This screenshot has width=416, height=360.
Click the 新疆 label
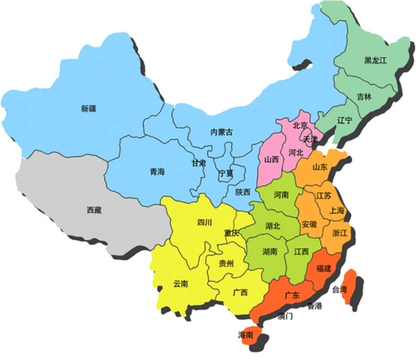[89, 108]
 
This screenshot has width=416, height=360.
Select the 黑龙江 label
[377, 61]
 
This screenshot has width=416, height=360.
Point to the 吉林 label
[364, 96]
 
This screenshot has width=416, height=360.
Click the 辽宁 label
[344, 121]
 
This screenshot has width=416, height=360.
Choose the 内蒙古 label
[221, 132]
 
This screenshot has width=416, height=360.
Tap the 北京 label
[300, 126]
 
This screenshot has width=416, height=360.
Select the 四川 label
[205, 222]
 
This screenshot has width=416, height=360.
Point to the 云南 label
[181, 284]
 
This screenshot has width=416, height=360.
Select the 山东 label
[319, 167]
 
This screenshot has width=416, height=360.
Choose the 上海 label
[337, 211]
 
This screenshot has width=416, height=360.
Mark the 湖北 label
[273, 226]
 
